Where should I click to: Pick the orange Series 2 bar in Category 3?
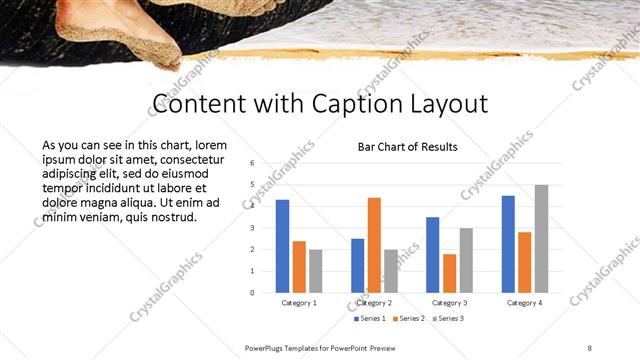(x=449, y=273)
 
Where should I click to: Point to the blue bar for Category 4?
(x=508, y=244)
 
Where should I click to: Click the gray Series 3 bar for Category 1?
(x=316, y=271)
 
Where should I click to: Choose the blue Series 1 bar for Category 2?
(x=357, y=265)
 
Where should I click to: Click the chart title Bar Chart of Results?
(x=407, y=147)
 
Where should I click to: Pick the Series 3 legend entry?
(x=448, y=318)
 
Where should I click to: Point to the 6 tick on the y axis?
(x=252, y=162)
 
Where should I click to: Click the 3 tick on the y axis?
(x=252, y=227)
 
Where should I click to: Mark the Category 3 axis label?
(x=449, y=302)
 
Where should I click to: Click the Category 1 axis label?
(x=299, y=302)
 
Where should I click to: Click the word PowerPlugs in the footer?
(x=270, y=346)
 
